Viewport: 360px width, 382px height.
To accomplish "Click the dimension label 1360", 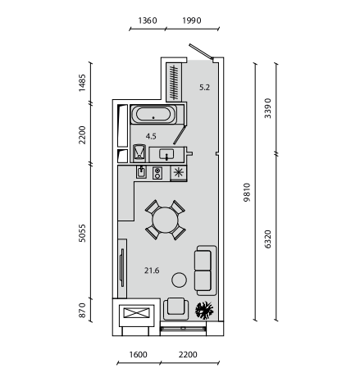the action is coord(148,20).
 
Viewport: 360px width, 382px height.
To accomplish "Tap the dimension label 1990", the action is coord(192,20).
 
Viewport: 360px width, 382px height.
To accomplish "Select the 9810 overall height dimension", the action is coord(247,193).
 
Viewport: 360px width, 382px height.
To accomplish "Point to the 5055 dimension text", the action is coord(82,233).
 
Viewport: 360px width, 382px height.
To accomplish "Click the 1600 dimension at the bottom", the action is coord(138,354).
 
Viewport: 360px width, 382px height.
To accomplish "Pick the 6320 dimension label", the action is coord(268,239).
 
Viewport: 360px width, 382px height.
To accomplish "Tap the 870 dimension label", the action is coord(82,311).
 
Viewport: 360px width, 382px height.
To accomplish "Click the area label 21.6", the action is coord(152,271).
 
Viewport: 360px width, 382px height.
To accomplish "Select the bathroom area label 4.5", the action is coord(151,136).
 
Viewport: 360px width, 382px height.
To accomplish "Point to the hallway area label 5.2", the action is coord(204,88).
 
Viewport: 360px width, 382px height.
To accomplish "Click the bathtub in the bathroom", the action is coord(153,114).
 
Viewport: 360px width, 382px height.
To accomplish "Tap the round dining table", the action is coord(165,221).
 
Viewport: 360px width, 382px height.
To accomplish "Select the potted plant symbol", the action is coord(204,310).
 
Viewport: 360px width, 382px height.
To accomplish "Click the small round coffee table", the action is coord(179,280).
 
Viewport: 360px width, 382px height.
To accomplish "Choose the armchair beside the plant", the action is coord(176,309).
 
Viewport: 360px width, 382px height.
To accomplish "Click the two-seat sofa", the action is coord(206,271).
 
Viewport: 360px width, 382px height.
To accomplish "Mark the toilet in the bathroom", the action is coord(139,153).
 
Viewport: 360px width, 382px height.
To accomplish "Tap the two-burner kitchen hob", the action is coord(157,173).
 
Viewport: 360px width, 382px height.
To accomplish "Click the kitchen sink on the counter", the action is coord(141,172).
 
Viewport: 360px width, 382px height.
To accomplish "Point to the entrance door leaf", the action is coord(201,52).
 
